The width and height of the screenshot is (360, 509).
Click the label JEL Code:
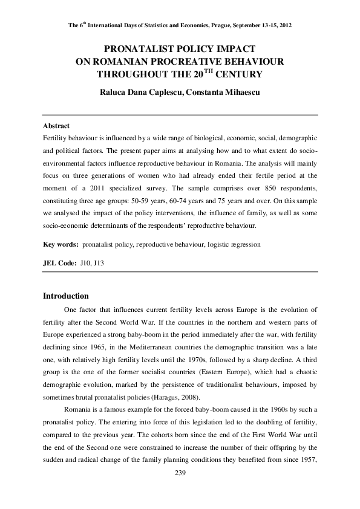[60, 264]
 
